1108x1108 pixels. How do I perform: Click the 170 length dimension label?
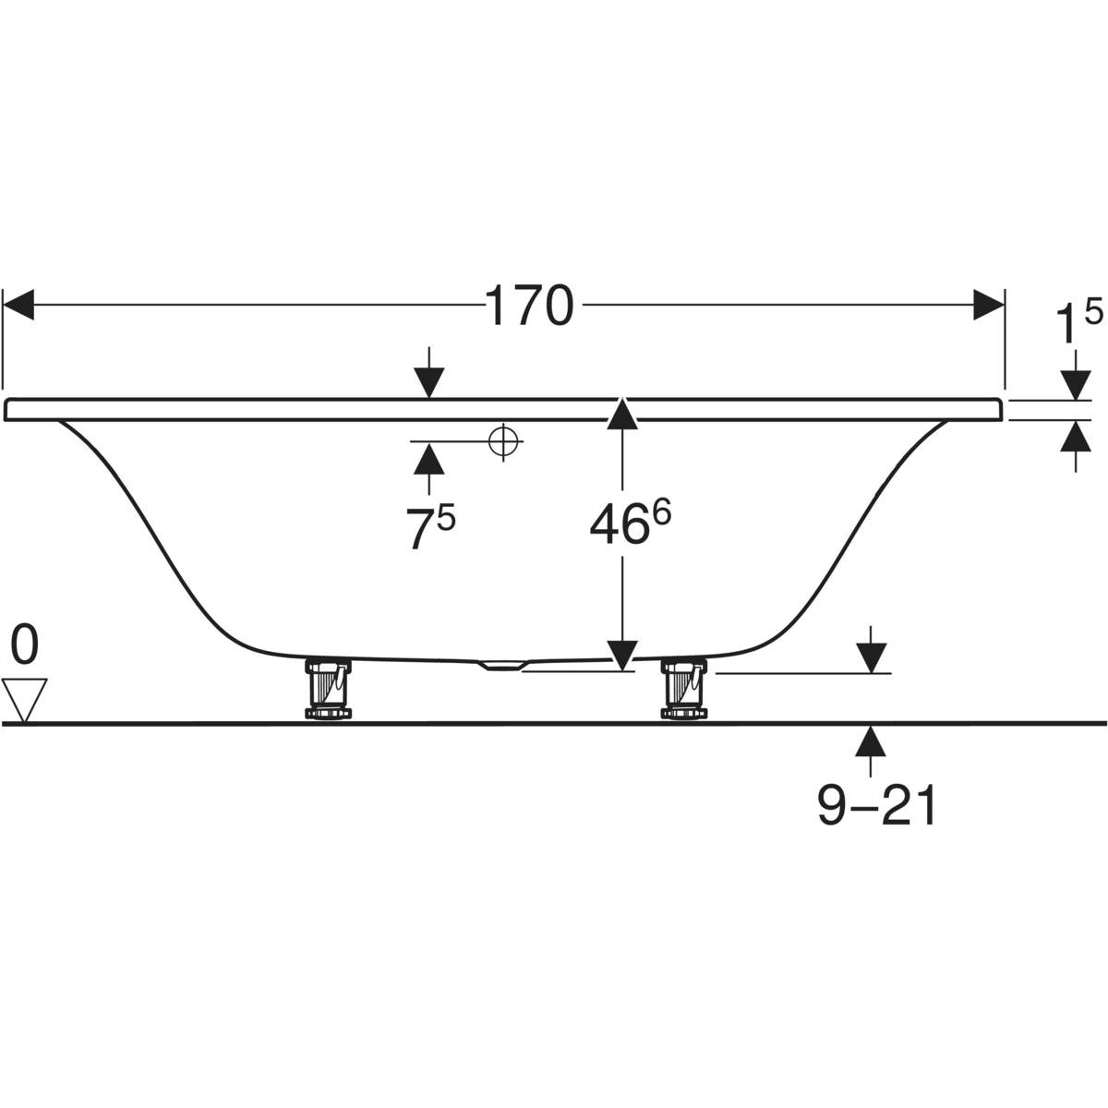point(530,306)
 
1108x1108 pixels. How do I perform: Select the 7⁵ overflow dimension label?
point(431,526)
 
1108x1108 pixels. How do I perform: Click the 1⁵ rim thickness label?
point(1079,322)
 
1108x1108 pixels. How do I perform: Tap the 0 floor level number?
point(25,645)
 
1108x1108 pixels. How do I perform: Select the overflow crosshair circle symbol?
point(503,441)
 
